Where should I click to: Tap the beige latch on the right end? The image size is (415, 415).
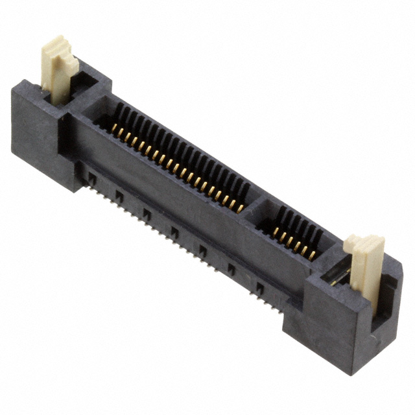[366, 266]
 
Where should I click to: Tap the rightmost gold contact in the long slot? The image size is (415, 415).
[240, 208]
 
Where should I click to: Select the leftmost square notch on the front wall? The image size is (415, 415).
[92, 176]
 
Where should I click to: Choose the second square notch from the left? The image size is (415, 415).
[119, 194]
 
